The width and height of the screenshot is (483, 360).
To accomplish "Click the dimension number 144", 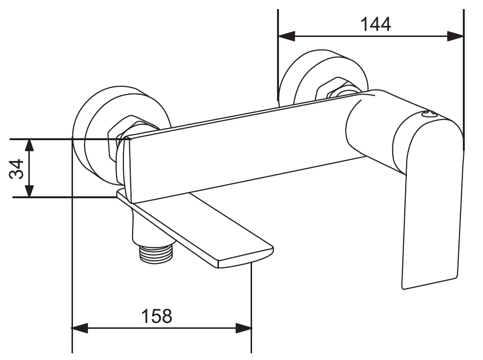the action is pos(375,24).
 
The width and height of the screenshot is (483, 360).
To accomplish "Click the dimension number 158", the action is pos(157,316).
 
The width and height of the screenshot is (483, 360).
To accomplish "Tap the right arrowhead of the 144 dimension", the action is pos(455,36).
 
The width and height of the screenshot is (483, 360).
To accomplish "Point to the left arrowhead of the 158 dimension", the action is pos(80,328).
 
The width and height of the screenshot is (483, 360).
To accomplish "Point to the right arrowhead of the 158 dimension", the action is pos(243,328).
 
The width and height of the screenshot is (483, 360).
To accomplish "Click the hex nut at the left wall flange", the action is pos(119,135).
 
